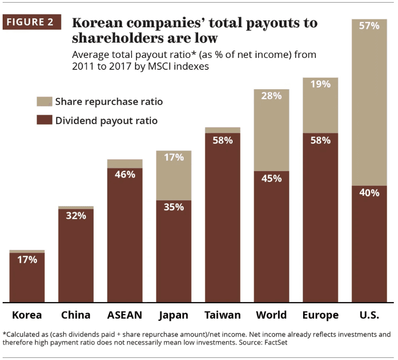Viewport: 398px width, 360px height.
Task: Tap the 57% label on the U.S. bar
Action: pyautogui.click(x=369, y=25)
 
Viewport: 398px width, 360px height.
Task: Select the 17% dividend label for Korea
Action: pyautogui.click(x=27, y=259)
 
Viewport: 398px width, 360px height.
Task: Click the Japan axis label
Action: pyautogui.click(x=173, y=315)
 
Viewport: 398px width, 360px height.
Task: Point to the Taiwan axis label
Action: pyautogui.click(x=223, y=315)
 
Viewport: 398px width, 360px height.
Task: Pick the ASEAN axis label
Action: pyautogui.click(x=125, y=315)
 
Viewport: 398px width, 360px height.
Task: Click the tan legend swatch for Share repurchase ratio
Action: pyautogui.click(x=45, y=101)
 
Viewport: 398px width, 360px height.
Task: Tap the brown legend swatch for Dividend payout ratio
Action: pyautogui.click(x=45, y=121)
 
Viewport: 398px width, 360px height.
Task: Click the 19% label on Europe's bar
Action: pyautogui.click(x=320, y=84)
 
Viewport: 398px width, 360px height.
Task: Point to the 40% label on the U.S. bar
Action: pyautogui.click(x=369, y=193)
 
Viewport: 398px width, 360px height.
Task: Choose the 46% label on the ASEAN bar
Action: pyautogui.click(x=125, y=174)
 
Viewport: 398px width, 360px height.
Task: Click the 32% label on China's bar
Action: pyautogui.click(x=76, y=215)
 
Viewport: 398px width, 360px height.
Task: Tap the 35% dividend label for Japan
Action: pyautogui.click(x=173, y=207)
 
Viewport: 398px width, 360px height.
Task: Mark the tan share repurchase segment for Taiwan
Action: pyautogui.click(x=223, y=130)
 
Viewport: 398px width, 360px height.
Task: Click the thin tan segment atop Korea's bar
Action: pyautogui.click(x=27, y=251)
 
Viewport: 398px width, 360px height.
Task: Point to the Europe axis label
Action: pyautogui.click(x=320, y=315)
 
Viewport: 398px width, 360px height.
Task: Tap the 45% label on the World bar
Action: pyautogui.click(x=271, y=178)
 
